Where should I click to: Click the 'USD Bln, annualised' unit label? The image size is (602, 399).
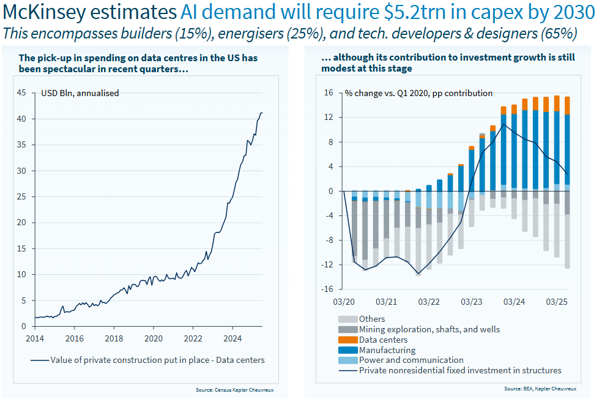pyautogui.click(x=80, y=93)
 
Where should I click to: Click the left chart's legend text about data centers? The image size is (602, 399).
pyautogui.click(x=157, y=360)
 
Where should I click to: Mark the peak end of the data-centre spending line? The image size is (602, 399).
pyautogui.click(x=262, y=113)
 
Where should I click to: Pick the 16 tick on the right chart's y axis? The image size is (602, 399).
pyautogui.click(x=328, y=93)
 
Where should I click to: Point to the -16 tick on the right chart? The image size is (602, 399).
pyautogui.click(x=327, y=289)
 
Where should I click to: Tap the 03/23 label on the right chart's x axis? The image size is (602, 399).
pyautogui.click(x=471, y=302)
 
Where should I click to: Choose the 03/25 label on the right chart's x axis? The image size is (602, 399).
pyautogui.click(x=556, y=302)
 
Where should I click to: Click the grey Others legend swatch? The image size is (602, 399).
pyautogui.click(x=347, y=319)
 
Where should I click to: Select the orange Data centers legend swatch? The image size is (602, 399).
pyautogui.click(x=347, y=340)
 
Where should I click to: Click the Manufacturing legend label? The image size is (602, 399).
pyautogui.click(x=387, y=350)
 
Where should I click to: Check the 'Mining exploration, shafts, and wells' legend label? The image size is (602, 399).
pyautogui.click(x=429, y=329)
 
